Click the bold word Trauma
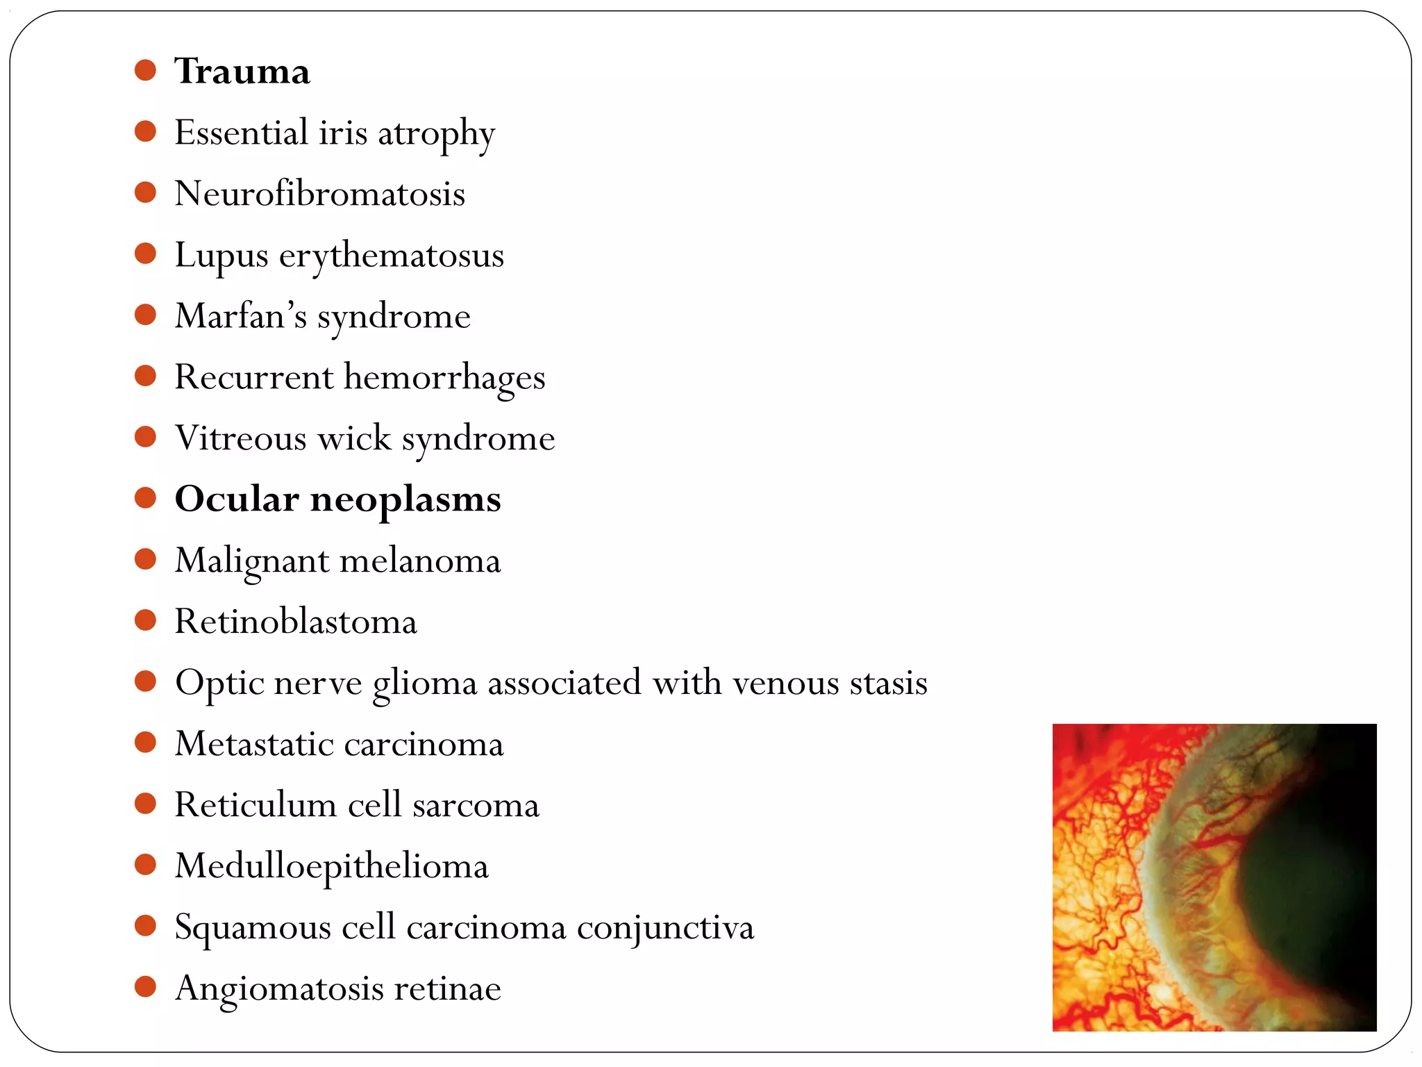click(x=242, y=71)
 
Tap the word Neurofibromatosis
click(x=319, y=193)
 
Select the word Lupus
click(x=221, y=256)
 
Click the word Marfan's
click(x=240, y=316)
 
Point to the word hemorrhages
click(x=444, y=378)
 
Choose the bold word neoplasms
click(x=405, y=500)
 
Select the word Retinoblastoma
click(x=296, y=622)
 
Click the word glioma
click(x=425, y=684)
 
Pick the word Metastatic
click(x=254, y=744)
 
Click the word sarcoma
click(x=476, y=805)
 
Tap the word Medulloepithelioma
click(x=331, y=867)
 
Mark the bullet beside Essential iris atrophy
click(x=145, y=131)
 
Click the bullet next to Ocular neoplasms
click(x=145, y=498)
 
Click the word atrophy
click(x=436, y=133)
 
